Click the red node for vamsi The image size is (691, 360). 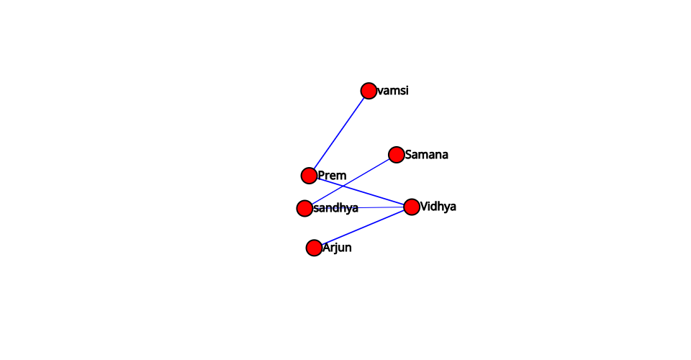pyautogui.click(x=369, y=91)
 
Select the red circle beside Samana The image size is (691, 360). pyautogui.click(x=396, y=155)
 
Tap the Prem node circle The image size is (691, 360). pyautogui.click(x=309, y=176)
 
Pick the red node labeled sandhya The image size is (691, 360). pyautogui.click(x=304, y=208)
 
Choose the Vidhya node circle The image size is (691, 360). pyautogui.click(x=412, y=207)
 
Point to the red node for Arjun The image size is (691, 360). pyautogui.click(x=314, y=248)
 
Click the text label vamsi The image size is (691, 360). pyautogui.click(x=393, y=91)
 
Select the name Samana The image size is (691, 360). pyautogui.click(x=427, y=155)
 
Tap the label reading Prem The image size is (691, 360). pyautogui.click(x=332, y=176)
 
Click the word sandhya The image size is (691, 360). pyautogui.click(x=336, y=208)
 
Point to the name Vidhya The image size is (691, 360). pyautogui.click(x=438, y=207)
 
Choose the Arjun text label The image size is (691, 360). pyautogui.click(x=337, y=248)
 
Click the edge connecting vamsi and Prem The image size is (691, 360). pyautogui.click(x=339, y=133)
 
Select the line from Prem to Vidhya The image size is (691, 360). pyautogui.click(x=361, y=192)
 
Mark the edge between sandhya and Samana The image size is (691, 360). pyautogui.click(x=351, y=181)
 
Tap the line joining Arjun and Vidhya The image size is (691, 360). pyautogui.click(x=363, y=228)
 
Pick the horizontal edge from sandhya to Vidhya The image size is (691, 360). pyautogui.click(x=358, y=207)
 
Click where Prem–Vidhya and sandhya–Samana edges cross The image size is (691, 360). pyautogui.click(x=342, y=186)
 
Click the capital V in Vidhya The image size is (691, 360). pyautogui.click(x=424, y=206)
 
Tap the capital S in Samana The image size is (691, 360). pyautogui.click(x=409, y=155)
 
